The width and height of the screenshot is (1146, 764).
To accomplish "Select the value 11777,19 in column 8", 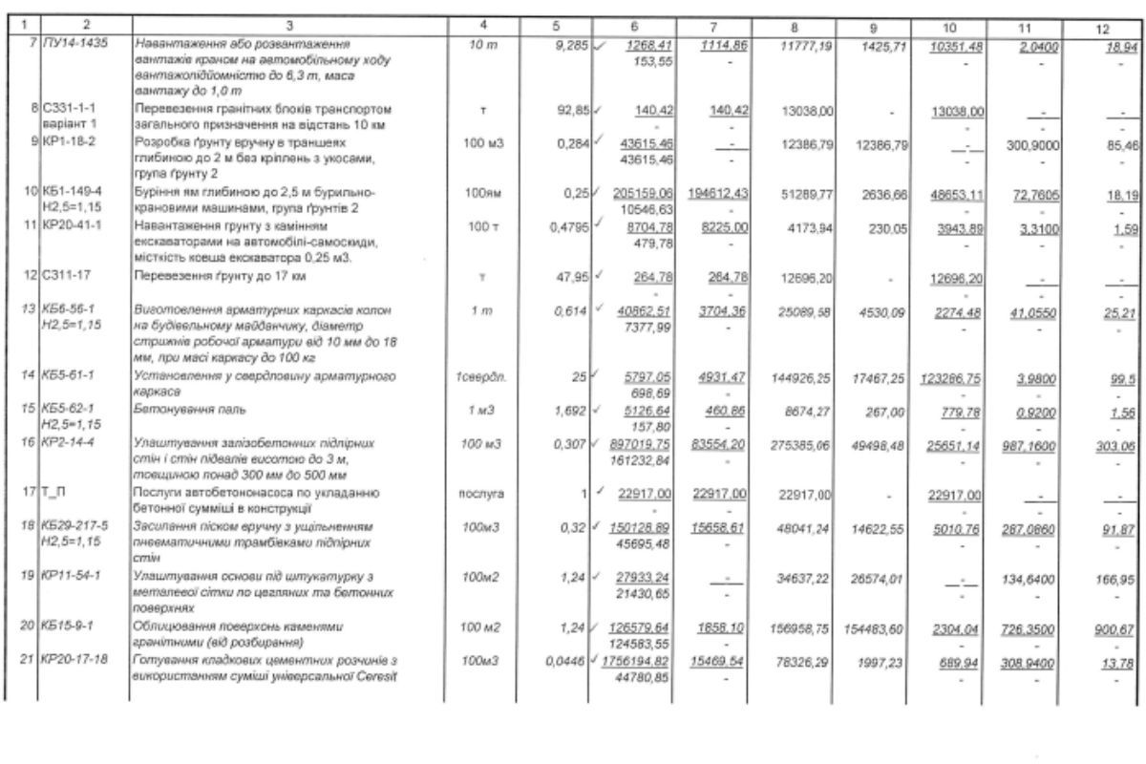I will click(808, 44).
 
